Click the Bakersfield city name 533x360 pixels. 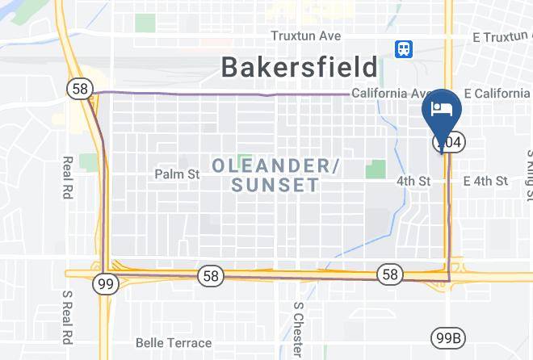pos(300,67)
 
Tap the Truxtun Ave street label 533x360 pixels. pos(306,36)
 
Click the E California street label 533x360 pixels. pos(497,94)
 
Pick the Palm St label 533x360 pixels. pos(177,174)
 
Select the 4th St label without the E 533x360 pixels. pos(413,181)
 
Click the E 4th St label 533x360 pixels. pos(485,181)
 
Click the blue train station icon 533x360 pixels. pos(403,50)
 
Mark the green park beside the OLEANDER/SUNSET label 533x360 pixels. pos(375,170)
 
